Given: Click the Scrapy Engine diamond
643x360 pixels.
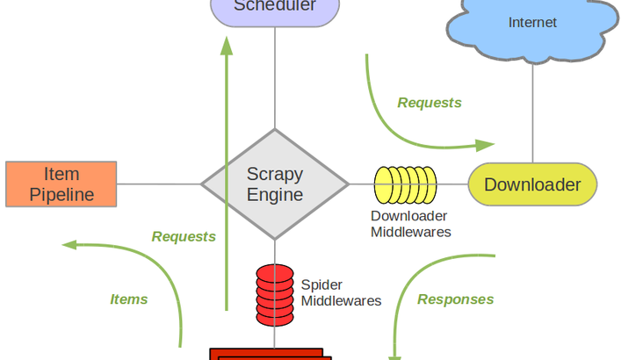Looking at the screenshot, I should (x=275, y=184).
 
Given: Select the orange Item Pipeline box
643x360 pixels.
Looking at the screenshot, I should (x=61, y=184).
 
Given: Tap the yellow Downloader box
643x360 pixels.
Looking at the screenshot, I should (x=532, y=184).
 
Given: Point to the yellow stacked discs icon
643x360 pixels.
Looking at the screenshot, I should (x=405, y=184).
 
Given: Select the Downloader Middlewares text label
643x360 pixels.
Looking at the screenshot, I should (x=410, y=224).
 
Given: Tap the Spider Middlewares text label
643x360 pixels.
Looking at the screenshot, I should (x=341, y=293).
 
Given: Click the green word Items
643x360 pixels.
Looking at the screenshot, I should (x=128, y=299).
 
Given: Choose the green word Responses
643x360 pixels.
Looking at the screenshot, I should (x=455, y=299).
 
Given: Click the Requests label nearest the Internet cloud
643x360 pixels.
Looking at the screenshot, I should (x=430, y=103).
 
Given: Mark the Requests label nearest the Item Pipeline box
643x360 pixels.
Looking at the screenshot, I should (x=184, y=236).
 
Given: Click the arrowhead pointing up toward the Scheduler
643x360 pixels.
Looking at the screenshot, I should (x=227, y=44).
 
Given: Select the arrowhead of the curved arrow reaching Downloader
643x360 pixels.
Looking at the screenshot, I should (x=486, y=144).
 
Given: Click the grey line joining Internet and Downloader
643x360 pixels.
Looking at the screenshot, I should (x=532, y=114).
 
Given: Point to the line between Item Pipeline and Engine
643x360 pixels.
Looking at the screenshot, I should (x=159, y=184).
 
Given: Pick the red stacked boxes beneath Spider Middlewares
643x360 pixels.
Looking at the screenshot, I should (x=271, y=354).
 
